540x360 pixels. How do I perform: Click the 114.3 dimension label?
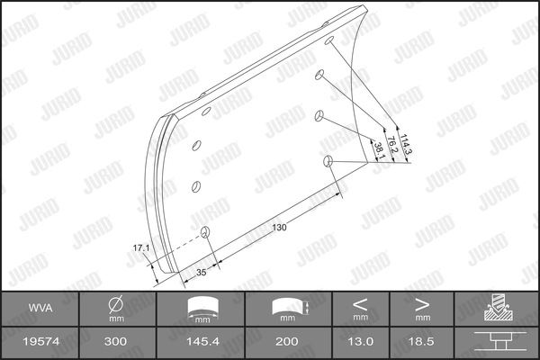[406, 144]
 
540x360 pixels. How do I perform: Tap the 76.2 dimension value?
[391, 145]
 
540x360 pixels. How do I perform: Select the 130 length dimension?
[279, 228]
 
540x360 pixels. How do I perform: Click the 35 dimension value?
[201, 272]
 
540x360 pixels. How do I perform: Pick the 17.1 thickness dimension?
[141, 247]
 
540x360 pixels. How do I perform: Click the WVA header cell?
[40, 308]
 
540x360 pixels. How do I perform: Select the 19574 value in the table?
[41, 341]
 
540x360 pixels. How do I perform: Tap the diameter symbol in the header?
[116, 304]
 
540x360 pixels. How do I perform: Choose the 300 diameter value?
[115, 341]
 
